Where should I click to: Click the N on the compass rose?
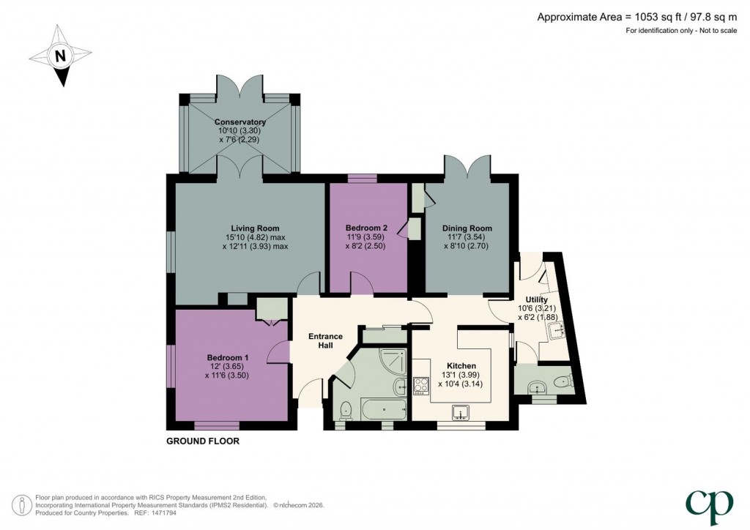(60, 56)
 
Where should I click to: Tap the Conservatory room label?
(240, 122)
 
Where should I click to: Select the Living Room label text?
(255, 228)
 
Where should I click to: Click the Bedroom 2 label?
(366, 228)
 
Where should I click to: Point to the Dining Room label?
(467, 228)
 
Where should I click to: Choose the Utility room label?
(536, 299)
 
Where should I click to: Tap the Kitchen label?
(461, 366)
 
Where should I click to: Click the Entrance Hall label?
(325, 340)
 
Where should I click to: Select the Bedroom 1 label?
(227, 357)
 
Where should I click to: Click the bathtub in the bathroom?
(384, 409)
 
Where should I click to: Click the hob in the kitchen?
(420, 386)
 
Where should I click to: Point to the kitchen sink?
(461, 412)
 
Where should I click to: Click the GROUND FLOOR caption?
(203, 441)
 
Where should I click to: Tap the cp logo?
(709, 507)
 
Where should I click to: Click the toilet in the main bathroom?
(346, 411)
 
